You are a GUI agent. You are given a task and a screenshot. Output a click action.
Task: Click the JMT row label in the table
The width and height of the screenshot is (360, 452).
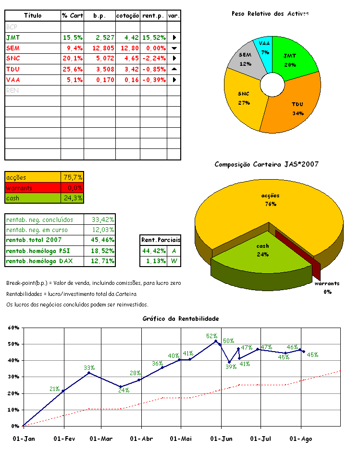coord(13,37)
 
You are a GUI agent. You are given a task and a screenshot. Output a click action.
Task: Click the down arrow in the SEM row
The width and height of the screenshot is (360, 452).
coord(174,48)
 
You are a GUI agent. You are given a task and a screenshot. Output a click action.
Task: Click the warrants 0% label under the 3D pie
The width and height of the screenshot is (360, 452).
coord(327,287)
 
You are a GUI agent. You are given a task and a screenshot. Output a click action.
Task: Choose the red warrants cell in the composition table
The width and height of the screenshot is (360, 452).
coord(33,188)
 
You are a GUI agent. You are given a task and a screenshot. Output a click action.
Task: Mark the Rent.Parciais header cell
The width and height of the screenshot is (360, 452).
coord(161,240)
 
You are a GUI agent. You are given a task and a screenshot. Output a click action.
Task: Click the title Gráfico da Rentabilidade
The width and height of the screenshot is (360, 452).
coord(181,318)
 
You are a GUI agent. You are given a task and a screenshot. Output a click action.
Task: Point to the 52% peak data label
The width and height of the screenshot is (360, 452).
coord(212,336)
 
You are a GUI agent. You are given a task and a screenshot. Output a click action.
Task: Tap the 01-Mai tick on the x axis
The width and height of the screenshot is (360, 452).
coord(181,438)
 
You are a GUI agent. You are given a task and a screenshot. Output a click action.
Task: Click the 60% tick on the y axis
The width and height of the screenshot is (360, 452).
coord(13,328)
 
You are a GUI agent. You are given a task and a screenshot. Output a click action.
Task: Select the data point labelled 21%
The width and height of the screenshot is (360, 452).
coord(63,391)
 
